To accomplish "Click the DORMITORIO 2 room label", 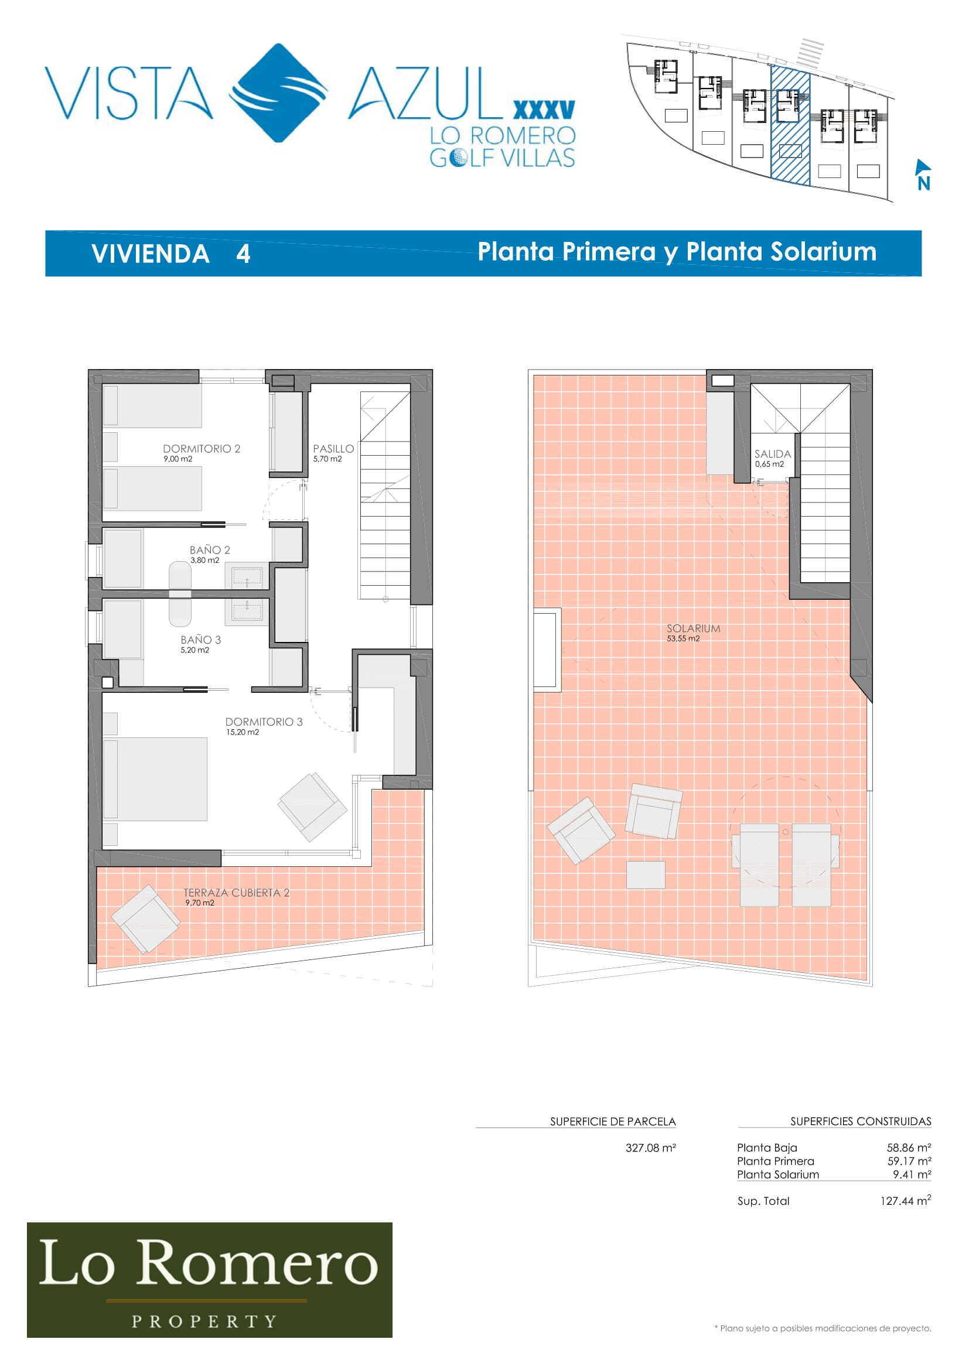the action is pyautogui.click(x=202, y=449).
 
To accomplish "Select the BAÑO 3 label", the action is pyautogui.click(x=200, y=640).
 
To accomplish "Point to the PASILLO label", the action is pyautogui.click(x=333, y=449).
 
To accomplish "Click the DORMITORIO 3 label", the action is pyautogui.click(x=264, y=722).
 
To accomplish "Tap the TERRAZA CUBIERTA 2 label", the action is pyautogui.click(x=236, y=893).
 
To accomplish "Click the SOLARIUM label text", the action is pyautogui.click(x=693, y=628).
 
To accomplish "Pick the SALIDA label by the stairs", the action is pyautogui.click(x=773, y=454).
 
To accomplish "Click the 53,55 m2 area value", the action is pyautogui.click(x=683, y=638).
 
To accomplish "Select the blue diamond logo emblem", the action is pyautogui.click(x=279, y=93).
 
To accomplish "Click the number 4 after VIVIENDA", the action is pyautogui.click(x=243, y=254).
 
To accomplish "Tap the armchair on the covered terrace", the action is pyautogui.click(x=146, y=919).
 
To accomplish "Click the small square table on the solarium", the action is pyautogui.click(x=646, y=874).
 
